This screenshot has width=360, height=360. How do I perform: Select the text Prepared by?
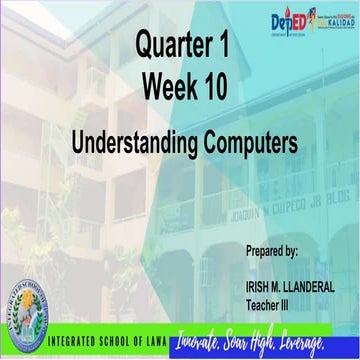[271, 249]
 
